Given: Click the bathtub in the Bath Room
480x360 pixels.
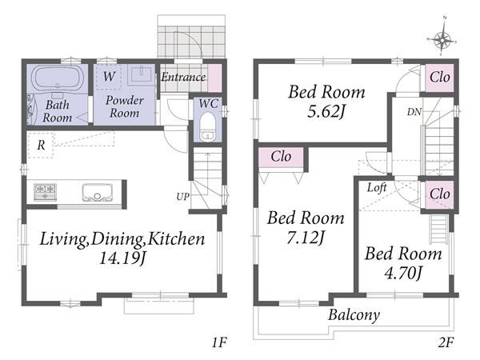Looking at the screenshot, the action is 57,78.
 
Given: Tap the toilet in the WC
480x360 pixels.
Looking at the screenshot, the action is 208,127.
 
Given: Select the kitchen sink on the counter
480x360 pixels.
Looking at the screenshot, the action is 98,193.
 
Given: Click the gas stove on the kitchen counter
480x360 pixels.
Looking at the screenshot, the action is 45,192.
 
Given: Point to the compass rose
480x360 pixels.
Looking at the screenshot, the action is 442,38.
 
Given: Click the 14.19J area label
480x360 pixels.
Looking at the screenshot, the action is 122,258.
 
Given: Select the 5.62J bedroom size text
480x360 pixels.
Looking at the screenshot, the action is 326,111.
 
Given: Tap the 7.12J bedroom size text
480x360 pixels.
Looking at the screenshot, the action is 306,238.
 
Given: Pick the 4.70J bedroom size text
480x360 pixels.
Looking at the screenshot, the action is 403,273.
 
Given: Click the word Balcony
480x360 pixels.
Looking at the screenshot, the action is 354,314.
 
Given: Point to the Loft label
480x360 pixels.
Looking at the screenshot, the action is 377,187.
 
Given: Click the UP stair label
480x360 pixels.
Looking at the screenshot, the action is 182,197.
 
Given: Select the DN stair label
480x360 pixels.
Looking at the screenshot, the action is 414,112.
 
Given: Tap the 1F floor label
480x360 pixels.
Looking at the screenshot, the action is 219,342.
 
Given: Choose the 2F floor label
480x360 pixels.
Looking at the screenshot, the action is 446,342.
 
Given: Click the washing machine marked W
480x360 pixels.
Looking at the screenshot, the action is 109,77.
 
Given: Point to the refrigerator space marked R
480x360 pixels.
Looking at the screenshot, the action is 41,145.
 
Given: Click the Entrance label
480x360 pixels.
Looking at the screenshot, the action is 183,77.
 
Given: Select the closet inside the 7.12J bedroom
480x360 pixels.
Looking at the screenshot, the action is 281,157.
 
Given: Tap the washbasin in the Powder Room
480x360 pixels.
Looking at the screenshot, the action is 141,74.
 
